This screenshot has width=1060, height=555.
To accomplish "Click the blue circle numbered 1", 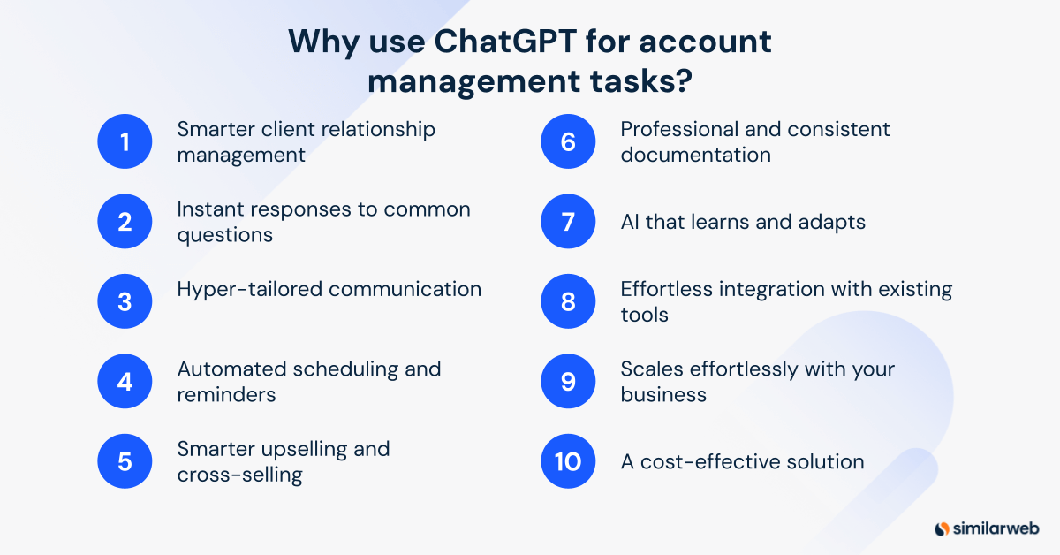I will pos(125,141).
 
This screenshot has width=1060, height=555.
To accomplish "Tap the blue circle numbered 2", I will pos(125,221).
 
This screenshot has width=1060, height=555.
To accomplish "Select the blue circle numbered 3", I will pos(125,301).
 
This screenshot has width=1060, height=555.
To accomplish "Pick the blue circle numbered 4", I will pos(125,381).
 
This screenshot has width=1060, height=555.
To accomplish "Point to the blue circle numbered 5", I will pos(125,461).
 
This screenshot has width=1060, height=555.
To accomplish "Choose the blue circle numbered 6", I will pos(568,141).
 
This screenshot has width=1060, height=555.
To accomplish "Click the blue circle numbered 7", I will pos(568,221).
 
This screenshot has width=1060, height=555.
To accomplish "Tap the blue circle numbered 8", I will pos(568,301).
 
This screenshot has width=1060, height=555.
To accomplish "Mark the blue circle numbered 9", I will pos(568,381).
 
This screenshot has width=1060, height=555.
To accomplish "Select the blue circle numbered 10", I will pos(568,461).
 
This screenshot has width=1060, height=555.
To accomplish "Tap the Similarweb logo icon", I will pos(942,528).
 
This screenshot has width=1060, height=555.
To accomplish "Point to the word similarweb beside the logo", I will pos(996,528).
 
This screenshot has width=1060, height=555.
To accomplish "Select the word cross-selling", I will pos(239,475).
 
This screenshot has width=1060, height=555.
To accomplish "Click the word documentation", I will pos(695,155).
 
